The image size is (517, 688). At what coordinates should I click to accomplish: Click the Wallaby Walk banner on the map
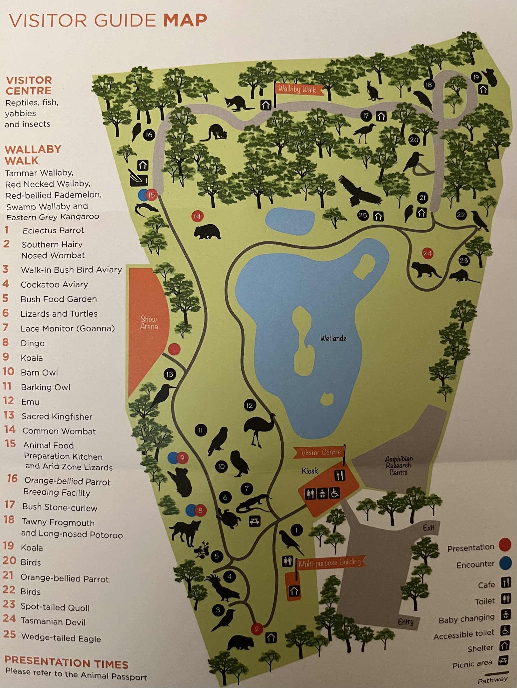(x=298, y=89)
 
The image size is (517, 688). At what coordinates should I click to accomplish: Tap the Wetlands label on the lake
(x=333, y=338)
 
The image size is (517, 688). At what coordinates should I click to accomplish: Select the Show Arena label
(x=149, y=322)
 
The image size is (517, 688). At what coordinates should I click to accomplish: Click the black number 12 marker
(x=249, y=405)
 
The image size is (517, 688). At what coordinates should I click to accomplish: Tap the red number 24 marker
(x=427, y=253)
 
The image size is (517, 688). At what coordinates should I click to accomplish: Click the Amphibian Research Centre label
(x=399, y=465)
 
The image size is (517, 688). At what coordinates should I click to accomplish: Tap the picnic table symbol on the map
(x=255, y=521)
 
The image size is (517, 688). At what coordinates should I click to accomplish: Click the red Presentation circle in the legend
(x=505, y=545)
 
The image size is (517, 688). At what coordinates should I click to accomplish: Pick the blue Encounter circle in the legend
(x=505, y=563)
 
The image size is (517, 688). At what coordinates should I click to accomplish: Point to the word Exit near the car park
(x=428, y=528)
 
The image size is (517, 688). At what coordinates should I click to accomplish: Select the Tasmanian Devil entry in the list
(x=53, y=621)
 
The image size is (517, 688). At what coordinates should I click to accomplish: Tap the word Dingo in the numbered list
(x=32, y=343)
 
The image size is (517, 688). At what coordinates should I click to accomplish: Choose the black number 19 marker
(x=476, y=77)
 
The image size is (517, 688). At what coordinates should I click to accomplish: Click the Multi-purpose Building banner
(x=330, y=563)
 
